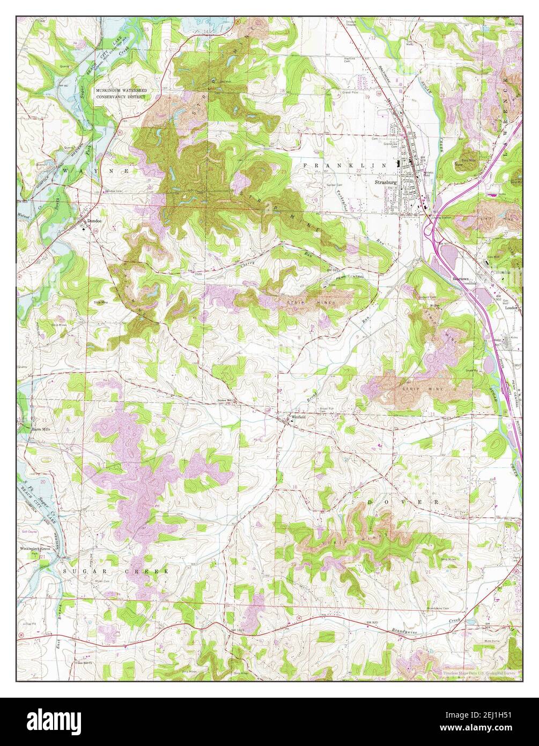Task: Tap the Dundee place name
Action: coord(94,221)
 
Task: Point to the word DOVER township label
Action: coord(403,501)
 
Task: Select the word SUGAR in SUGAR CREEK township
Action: coord(77,572)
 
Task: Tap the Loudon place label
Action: coord(510,308)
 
